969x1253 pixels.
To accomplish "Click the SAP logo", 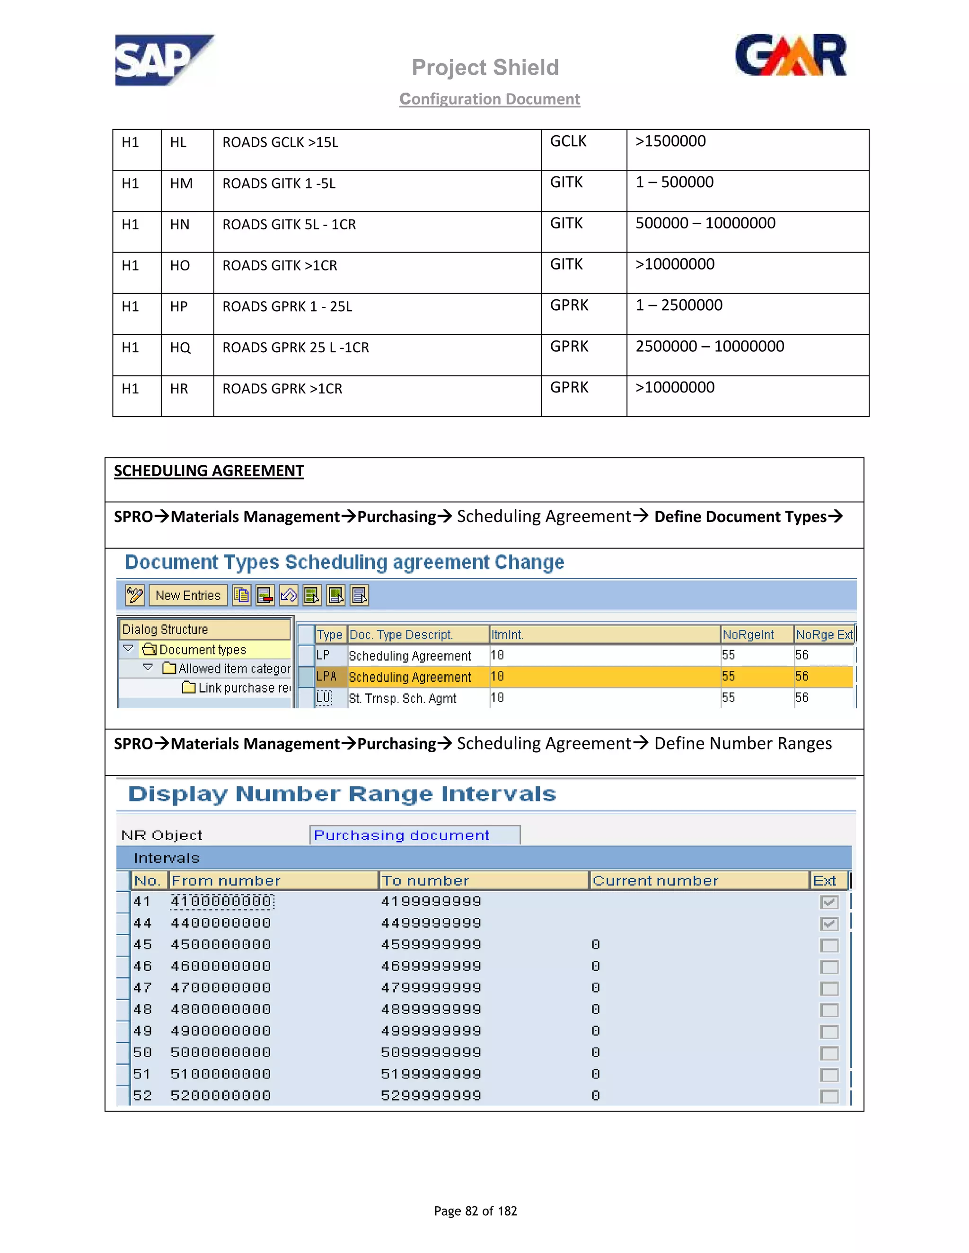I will tap(164, 60).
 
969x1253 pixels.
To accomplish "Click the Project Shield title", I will tap(485, 68).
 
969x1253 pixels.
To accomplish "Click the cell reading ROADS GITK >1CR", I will tap(280, 266).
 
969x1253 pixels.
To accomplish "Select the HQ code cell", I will tap(180, 348).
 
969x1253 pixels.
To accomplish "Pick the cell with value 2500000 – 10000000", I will tap(710, 347).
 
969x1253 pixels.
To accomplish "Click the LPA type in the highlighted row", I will tap(326, 677).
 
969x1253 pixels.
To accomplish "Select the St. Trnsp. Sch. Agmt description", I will tap(403, 698).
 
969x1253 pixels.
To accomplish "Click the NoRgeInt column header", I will tap(748, 635).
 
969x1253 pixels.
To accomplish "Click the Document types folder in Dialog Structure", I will tap(202, 650).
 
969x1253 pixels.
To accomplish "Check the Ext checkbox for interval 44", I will tap(828, 924).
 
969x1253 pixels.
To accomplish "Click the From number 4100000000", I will tap(221, 901).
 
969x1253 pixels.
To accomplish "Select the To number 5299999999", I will tap(431, 1096).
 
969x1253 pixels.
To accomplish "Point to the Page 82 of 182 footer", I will tap(476, 1210).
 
